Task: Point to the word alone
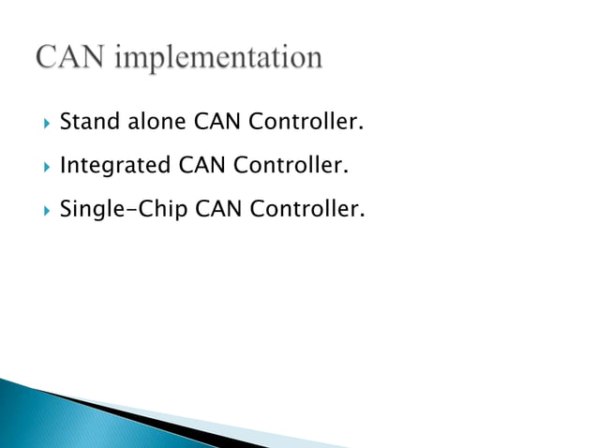pos(158,123)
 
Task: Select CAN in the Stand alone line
pos(221,123)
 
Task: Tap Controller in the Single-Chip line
pos(306,209)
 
